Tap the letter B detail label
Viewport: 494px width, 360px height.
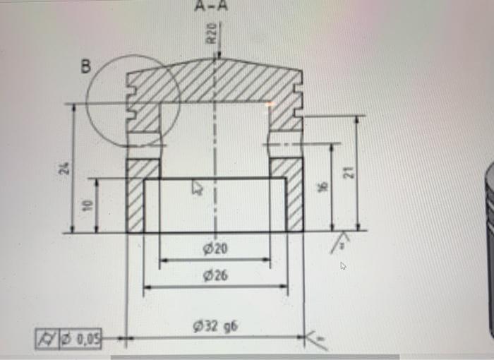[86, 68]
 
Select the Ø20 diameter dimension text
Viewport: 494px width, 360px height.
[215, 249]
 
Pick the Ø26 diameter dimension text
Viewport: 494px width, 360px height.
[215, 275]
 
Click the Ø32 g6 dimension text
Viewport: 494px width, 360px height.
[215, 326]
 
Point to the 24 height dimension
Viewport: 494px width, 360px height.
[65, 168]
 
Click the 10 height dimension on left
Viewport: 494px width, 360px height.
[87, 205]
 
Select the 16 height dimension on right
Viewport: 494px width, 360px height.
[323, 187]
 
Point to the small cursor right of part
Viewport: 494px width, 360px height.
[343, 266]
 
